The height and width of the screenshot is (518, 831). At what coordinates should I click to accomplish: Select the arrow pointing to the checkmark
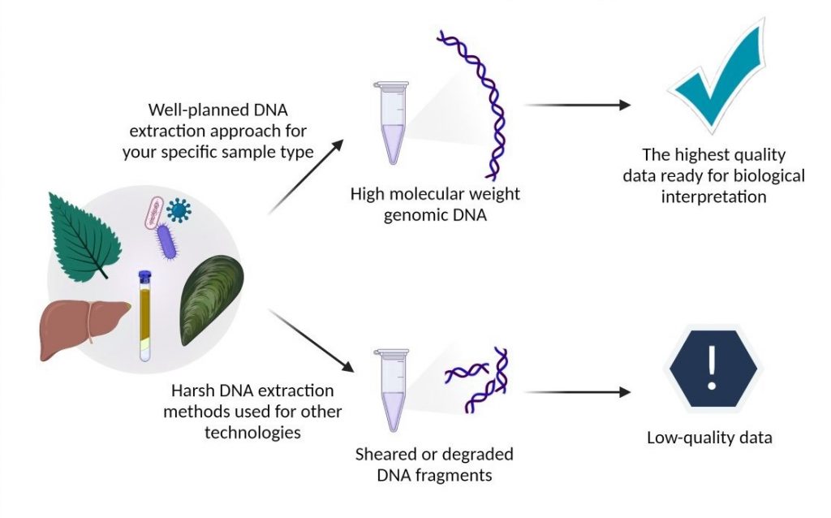pyautogui.click(x=577, y=105)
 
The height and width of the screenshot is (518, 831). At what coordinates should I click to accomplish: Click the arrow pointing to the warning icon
pyautogui.click(x=577, y=392)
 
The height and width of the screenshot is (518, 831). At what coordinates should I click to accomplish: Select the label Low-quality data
pyautogui.click(x=709, y=438)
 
